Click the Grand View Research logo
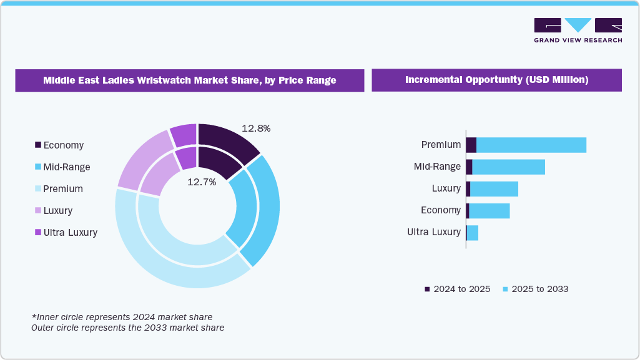click(578, 29)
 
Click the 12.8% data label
click(255, 129)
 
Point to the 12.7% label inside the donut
click(202, 182)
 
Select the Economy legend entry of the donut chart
click(59, 145)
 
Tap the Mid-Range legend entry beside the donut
click(62, 167)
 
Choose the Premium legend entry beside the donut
click(59, 189)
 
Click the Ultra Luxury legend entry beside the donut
click(66, 233)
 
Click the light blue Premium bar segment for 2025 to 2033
click(531, 145)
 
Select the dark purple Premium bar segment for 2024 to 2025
click(471, 145)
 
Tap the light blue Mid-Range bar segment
click(508, 167)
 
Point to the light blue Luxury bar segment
click(494, 188)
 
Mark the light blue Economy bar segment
click(489, 210)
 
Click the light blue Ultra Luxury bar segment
click(473, 233)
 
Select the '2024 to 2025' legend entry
click(458, 289)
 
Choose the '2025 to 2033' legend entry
click(535, 289)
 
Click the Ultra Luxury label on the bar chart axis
click(433, 232)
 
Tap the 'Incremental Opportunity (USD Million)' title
click(496, 80)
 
